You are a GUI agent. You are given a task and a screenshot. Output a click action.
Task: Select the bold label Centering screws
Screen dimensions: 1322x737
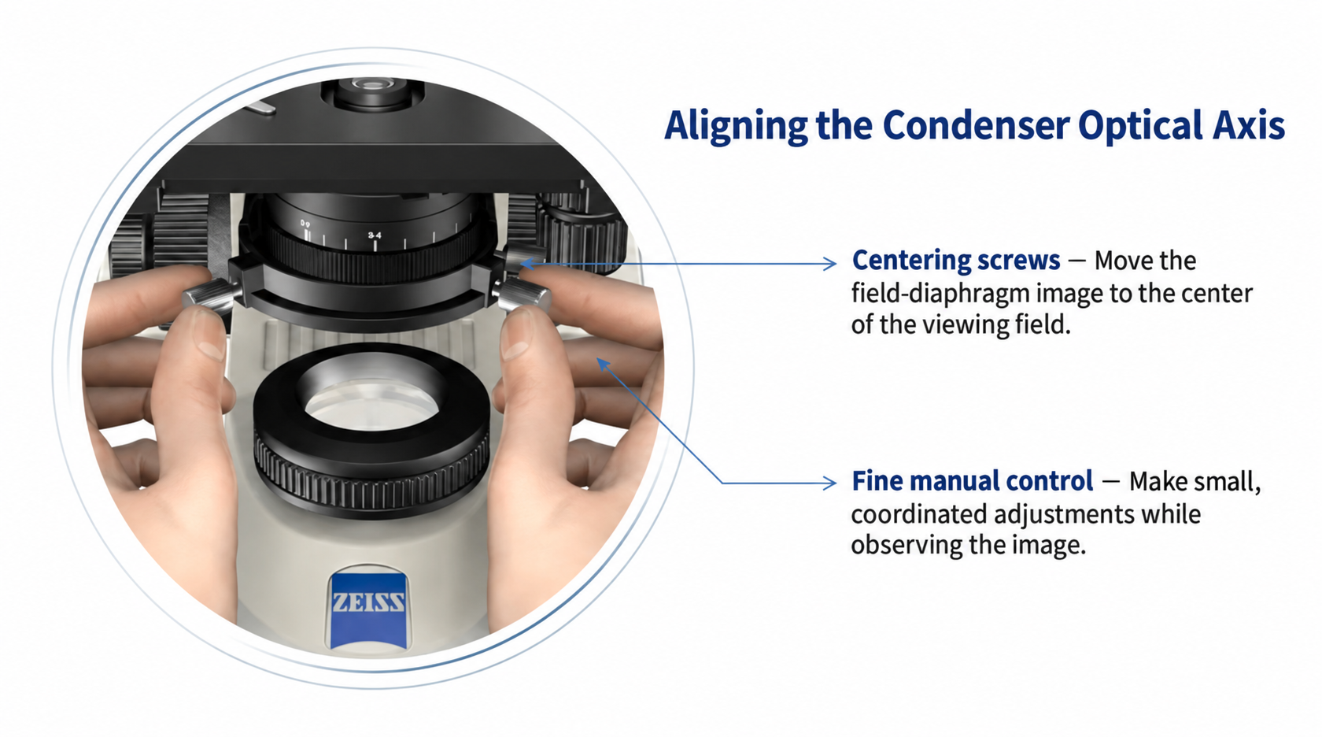(x=956, y=261)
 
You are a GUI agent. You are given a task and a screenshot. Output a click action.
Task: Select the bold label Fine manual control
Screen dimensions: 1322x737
(x=973, y=481)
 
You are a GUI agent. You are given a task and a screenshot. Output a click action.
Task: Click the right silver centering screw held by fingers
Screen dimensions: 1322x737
(x=522, y=294)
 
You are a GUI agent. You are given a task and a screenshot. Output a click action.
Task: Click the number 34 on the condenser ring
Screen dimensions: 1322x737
(x=375, y=235)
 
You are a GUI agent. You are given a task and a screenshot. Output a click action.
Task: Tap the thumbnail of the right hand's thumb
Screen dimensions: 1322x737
(x=517, y=334)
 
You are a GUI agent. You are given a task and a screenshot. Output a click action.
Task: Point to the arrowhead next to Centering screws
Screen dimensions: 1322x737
(x=829, y=263)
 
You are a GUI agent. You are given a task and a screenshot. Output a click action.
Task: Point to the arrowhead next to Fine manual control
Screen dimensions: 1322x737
(x=829, y=483)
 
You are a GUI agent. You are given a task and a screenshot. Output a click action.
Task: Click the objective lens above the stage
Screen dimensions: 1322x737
(x=371, y=94)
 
